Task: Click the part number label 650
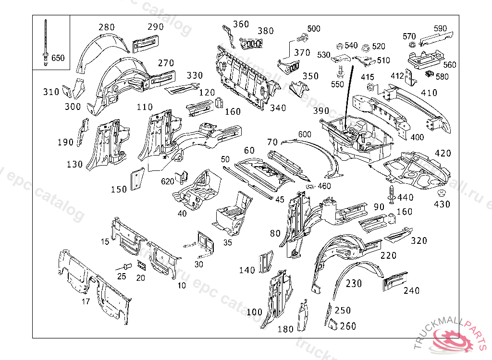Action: [58, 58]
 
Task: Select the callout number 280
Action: [107, 27]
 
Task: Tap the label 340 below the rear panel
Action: [278, 108]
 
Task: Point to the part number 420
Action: [443, 153]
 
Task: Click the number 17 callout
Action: [85, 301]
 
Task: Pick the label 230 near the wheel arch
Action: [354, 284]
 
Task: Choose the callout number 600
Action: [305, 134]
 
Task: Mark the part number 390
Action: [321, 111]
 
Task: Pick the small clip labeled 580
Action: [430, 74]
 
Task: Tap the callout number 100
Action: [254, 312]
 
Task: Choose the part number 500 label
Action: [313, 29]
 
